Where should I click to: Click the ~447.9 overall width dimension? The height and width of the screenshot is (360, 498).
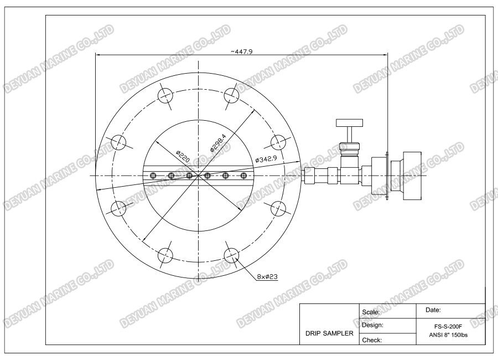pyautogui.click(x=242, y=51)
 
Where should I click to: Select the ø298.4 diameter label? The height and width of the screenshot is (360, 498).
pyautogui.click(x=219, y=142)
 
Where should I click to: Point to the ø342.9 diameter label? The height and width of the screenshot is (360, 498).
pyautogui.click(x=266, y=160)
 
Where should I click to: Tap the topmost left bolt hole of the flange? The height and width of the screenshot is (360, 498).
pyautogui.click(x=165, y=95)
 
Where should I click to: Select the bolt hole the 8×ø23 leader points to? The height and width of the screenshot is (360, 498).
pyautogui.click(x=231, y=255)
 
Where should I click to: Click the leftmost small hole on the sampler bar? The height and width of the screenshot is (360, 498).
pyautogui.click(x=153, y=176)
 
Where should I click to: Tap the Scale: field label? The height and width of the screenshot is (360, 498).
pyautogui.click(x=371, y=312)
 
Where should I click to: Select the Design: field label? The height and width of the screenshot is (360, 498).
pyautogui.click(x=372, y=325)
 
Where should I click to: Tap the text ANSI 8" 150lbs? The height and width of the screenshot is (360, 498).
pyautogui.click(x=449, y=336)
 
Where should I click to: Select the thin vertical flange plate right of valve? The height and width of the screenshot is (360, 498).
pyautogui.click(x=387, y=176)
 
